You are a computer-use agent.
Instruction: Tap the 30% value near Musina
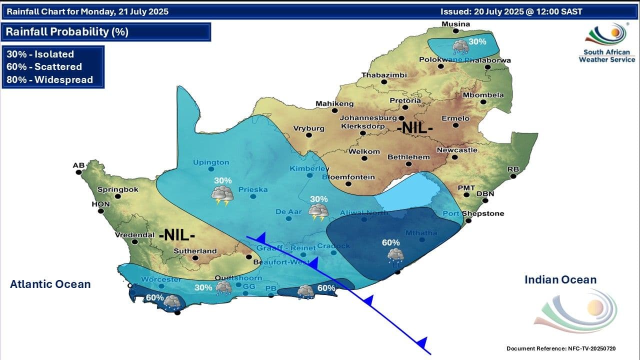coord(477,41)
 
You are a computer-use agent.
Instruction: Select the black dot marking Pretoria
coord(404,107)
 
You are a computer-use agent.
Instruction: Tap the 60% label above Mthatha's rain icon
coord(391,242)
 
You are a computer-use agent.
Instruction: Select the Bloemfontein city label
coord(348,177)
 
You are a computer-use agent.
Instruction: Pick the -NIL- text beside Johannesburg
coord(414,128)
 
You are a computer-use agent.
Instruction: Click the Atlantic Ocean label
coord(50,284)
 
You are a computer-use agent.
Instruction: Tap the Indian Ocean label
coord(560,280)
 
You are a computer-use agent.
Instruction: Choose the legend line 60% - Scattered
coord(44,66)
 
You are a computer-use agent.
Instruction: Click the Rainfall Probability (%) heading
coord(67,32)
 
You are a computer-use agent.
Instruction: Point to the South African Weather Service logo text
coord(607,55)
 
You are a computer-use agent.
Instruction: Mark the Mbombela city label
coord(483,95)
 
